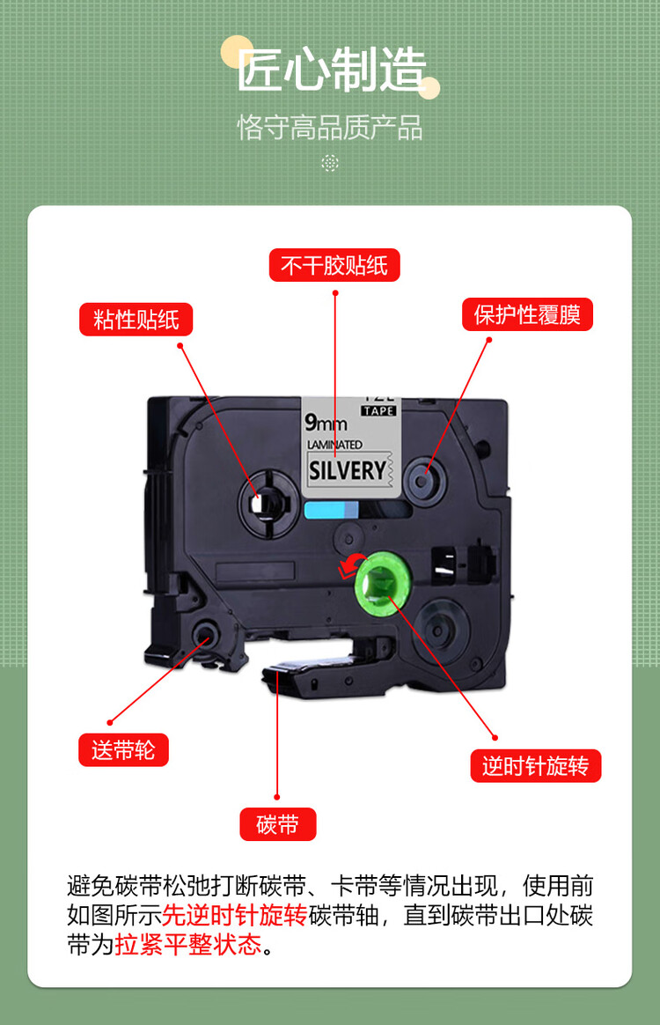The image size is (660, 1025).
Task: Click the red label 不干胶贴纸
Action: point(334,265)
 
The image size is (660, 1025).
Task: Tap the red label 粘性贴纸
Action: point(136,320)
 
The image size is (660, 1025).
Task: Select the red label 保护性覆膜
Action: point(527,314)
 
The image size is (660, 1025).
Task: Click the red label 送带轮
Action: point(123,749)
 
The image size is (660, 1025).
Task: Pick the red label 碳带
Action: point(278,824)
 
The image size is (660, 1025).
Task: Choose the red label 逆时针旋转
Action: point(536,765)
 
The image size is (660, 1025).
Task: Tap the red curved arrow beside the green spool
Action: point(352,564)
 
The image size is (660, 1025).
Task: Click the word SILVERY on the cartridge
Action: point(347,470)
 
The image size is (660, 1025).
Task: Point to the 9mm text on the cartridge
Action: point(326,423)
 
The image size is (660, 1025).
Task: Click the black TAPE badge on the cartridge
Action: point(379,410)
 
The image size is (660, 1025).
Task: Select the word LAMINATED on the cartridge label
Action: point(334,445)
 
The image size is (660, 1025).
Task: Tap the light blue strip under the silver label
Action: point(331,510)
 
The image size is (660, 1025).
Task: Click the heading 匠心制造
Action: point(331,70)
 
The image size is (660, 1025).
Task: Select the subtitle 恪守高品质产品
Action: point(330,128)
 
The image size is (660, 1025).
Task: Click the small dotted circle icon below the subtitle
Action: point(330,163)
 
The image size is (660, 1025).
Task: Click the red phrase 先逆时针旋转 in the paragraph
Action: point(235,915)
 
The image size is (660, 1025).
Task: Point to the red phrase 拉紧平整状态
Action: point(188,945)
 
